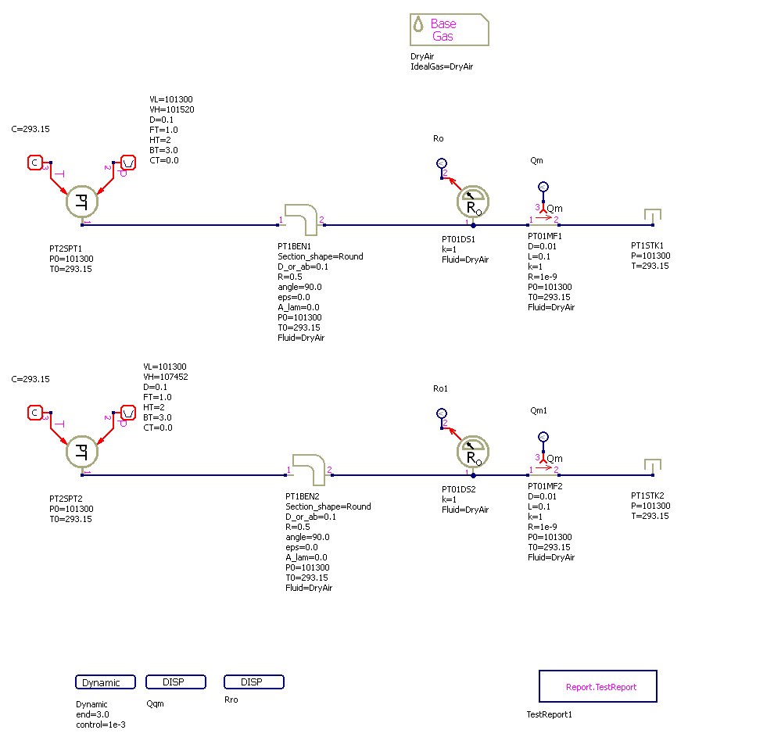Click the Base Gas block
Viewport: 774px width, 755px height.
tap(449, 30)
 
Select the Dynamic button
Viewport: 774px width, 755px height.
tap(106, 682)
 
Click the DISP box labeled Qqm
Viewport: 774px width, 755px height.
tap(176, 682)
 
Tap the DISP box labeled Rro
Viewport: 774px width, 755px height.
tap(254, 682)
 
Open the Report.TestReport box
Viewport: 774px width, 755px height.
tap(598, 687)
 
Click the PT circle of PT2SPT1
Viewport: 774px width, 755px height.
tap(81, 202)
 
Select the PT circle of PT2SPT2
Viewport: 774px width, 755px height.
tap(81, 452)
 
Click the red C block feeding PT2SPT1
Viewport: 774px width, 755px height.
tap(35, 163)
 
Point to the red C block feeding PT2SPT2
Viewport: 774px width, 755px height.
tap(35, 413)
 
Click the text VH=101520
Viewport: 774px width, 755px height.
tap(172, 110)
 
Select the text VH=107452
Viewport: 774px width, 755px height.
tap(166, 377)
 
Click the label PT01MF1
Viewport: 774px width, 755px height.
tap(545, 236)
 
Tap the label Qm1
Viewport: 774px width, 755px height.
tap(539, 410)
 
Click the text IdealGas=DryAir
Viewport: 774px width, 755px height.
tap(442, 67)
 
